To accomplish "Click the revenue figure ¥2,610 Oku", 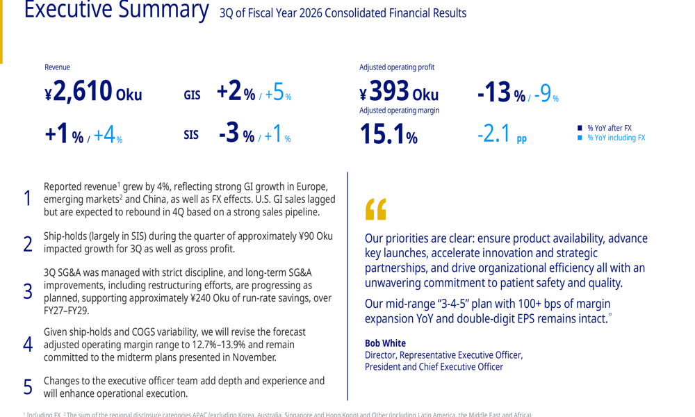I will click(93, 92).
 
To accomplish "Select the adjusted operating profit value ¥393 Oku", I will click(399, 92).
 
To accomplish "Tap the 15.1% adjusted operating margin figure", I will click(388, 135).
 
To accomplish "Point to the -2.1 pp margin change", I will click(501, 133).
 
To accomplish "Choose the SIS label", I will click(191, 135).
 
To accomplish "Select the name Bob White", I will click(385, 343).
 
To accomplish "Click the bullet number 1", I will click(28, 199).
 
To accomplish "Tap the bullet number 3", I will click(28, 291).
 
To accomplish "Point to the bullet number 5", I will click(28, 386).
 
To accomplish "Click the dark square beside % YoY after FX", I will click(580, 128).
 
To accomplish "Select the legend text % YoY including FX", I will click(616, 138).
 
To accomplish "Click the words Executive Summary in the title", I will click(116, 10).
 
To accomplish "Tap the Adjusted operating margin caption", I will click(399, 111).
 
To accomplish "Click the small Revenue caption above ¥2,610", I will click(57, 67).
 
